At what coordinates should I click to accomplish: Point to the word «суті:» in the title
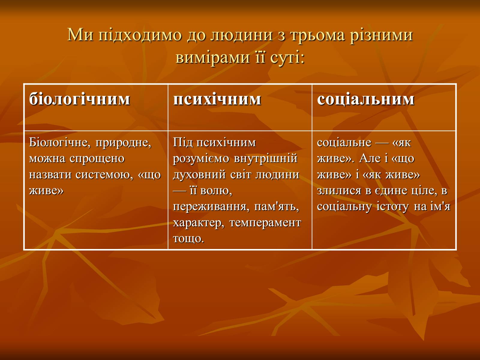point(287,58)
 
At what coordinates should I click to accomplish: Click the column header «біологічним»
point(79,99)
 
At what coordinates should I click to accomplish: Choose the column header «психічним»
point(217,100)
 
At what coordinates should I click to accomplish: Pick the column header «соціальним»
point(366,100)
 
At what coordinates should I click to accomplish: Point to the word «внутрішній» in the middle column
point(266,158)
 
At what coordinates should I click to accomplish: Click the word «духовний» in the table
point(199,175)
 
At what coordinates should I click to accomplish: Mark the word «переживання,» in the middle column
point(211,207)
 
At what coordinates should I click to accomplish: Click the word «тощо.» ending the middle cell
point(188,239)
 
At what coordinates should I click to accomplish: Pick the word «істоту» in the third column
point(392,207)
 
